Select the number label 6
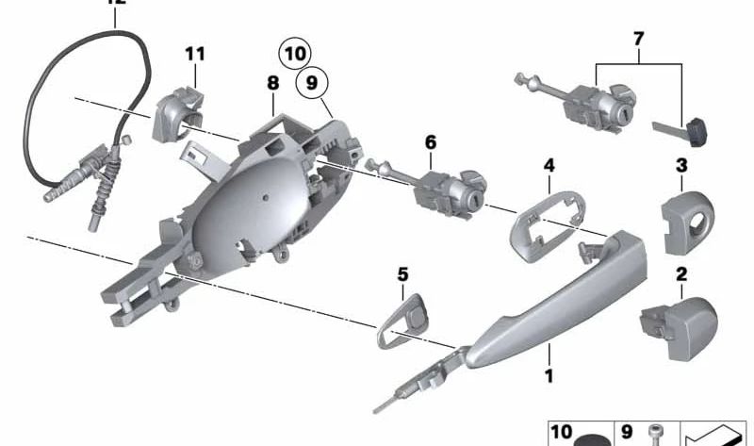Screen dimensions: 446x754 click(x=431, y=142)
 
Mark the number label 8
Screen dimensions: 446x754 click(x=272, y=83)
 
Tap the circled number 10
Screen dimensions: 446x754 click(x=295, y=53)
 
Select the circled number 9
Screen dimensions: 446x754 click(x=313, y=85)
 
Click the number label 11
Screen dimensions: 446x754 click(x=194, y=53)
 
